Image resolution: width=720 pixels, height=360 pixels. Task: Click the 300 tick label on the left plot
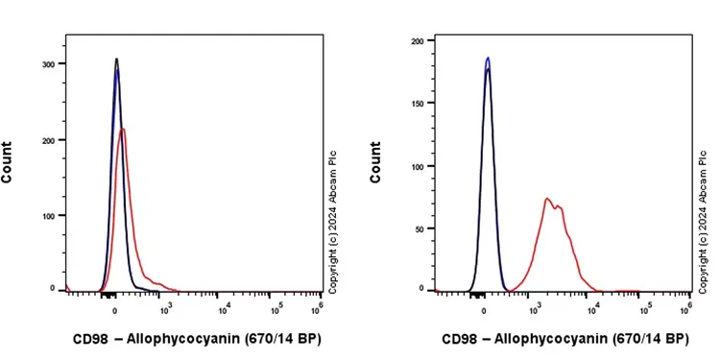point(47,63)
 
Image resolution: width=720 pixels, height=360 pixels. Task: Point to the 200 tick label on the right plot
point(417,40)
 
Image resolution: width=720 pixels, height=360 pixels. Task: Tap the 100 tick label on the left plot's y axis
point(47,215)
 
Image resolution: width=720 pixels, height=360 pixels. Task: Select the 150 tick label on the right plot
point(417,103)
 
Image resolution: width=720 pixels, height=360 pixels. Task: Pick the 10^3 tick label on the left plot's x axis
point(168,307)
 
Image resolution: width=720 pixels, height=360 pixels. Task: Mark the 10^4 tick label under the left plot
point(224,307)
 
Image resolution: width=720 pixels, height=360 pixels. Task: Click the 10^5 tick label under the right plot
point(644,307)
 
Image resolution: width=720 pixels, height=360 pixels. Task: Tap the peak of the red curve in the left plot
point(122,130)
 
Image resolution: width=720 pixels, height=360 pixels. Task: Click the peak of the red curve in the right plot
point(546,199)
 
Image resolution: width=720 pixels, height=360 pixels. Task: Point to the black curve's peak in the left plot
point(116,59)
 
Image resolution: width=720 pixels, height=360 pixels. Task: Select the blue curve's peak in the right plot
point(488,58)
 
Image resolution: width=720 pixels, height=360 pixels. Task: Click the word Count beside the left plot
point(8,162)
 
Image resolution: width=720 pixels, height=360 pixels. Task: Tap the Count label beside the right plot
point(376,162)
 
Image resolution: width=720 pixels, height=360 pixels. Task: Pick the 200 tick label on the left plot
point(47,139)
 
